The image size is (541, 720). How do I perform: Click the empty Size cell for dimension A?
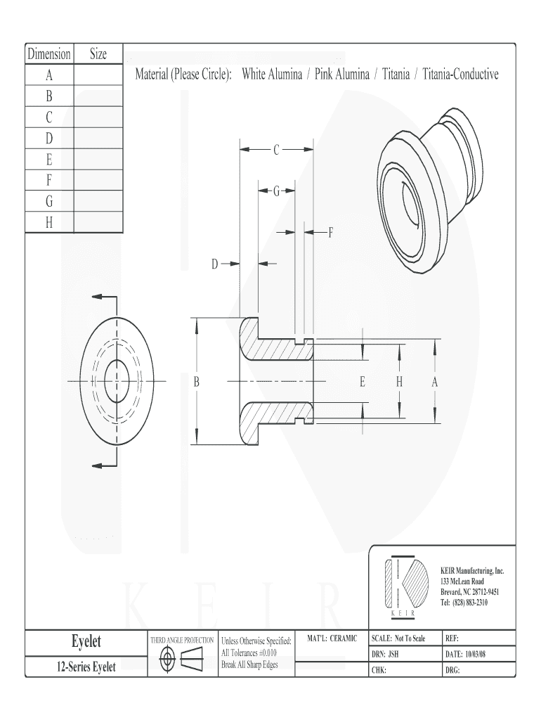point(98,75)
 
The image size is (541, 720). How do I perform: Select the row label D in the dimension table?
point(49,139)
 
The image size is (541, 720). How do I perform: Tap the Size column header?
point(98,53)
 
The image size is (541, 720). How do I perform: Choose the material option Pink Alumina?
point(342,75)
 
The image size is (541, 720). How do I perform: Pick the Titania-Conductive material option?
point(460,75)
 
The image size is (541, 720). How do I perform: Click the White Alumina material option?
point(272,75)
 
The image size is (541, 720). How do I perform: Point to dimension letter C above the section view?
point(276,150)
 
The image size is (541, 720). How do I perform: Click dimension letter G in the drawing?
point(276,191)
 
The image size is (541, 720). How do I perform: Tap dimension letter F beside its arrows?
point(330,232)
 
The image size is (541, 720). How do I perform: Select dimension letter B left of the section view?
point(197,382)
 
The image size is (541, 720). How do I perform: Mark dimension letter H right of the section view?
point(399,382)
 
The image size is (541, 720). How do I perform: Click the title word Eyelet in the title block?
point(86,641)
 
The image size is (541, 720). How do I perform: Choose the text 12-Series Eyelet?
point(86,667)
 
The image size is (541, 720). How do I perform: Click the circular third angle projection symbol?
point(167,660)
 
